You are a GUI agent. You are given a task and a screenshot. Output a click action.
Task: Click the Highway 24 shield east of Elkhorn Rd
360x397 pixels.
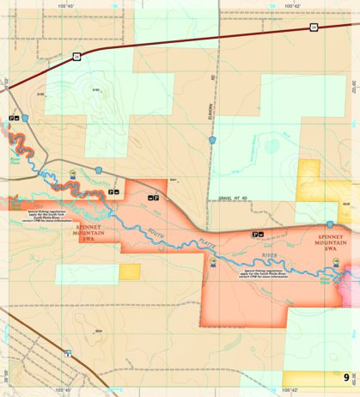click(x=314, y=28)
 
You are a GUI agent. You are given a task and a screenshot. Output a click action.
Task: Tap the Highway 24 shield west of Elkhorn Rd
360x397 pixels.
click(x=76, y=57)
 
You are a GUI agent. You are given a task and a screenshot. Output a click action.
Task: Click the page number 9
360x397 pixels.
click(x=346, y=378)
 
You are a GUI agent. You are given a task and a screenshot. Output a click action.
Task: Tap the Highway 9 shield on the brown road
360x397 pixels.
click(x=66, y=354)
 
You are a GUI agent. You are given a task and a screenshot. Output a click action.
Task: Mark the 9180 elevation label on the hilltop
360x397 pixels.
click(x=96, y=89)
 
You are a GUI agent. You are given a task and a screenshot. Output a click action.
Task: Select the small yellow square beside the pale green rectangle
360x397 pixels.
click(x=131, y=272)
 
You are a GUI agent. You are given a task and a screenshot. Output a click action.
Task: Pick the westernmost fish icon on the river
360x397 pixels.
click(x=73, y=174)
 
